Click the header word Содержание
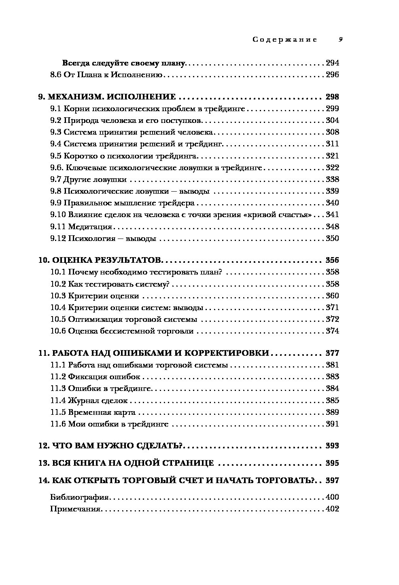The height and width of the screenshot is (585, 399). (284, 40)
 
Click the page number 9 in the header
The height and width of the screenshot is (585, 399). (341, 40)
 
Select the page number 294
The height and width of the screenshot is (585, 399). (332, 63)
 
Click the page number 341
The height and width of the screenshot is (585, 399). (332, 215)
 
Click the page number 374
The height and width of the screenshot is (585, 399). (332, 332)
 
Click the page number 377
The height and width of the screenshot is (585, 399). (332, 353)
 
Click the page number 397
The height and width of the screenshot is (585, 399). (332, 481)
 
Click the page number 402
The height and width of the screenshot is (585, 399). (332, 509)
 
